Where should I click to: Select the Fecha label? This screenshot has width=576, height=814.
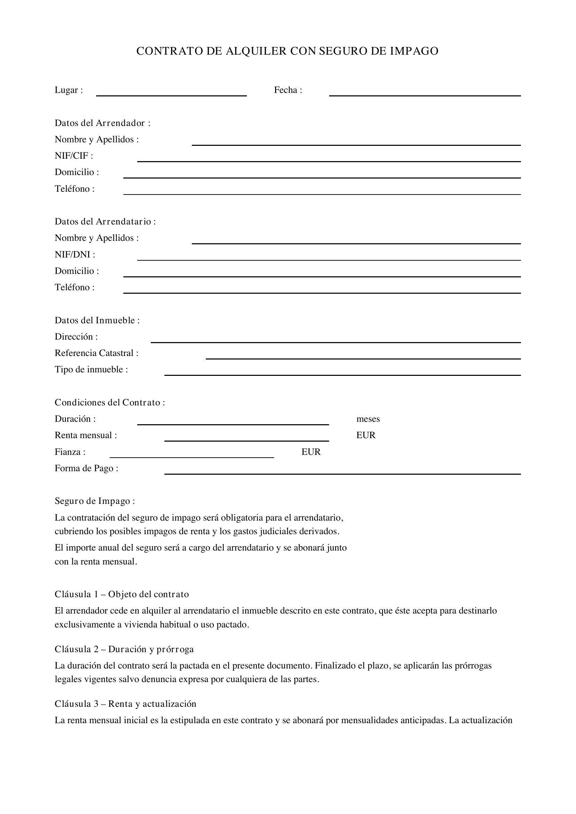(x=288, y=90)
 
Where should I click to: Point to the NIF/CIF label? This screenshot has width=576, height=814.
(x=74, y=156)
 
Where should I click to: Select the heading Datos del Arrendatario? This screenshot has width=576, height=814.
(x=105, y=222)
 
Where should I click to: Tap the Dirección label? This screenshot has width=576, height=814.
(x=76, y=337)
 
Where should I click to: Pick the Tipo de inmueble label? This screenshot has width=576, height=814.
(x=91, y=370)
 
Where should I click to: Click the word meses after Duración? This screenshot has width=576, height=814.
(x=368, y=419)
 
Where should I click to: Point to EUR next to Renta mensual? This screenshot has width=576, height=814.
(x=366, y=435)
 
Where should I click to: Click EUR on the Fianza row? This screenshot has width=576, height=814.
(x=311, y=452)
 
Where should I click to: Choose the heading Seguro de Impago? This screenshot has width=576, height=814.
(x=95, y=501)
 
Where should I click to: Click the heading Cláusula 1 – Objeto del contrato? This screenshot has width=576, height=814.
(x=122, y=594)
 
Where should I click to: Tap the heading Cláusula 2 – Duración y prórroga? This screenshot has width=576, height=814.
(x=124, y=649)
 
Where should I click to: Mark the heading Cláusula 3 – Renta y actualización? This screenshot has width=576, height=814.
(x=125, y=704)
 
